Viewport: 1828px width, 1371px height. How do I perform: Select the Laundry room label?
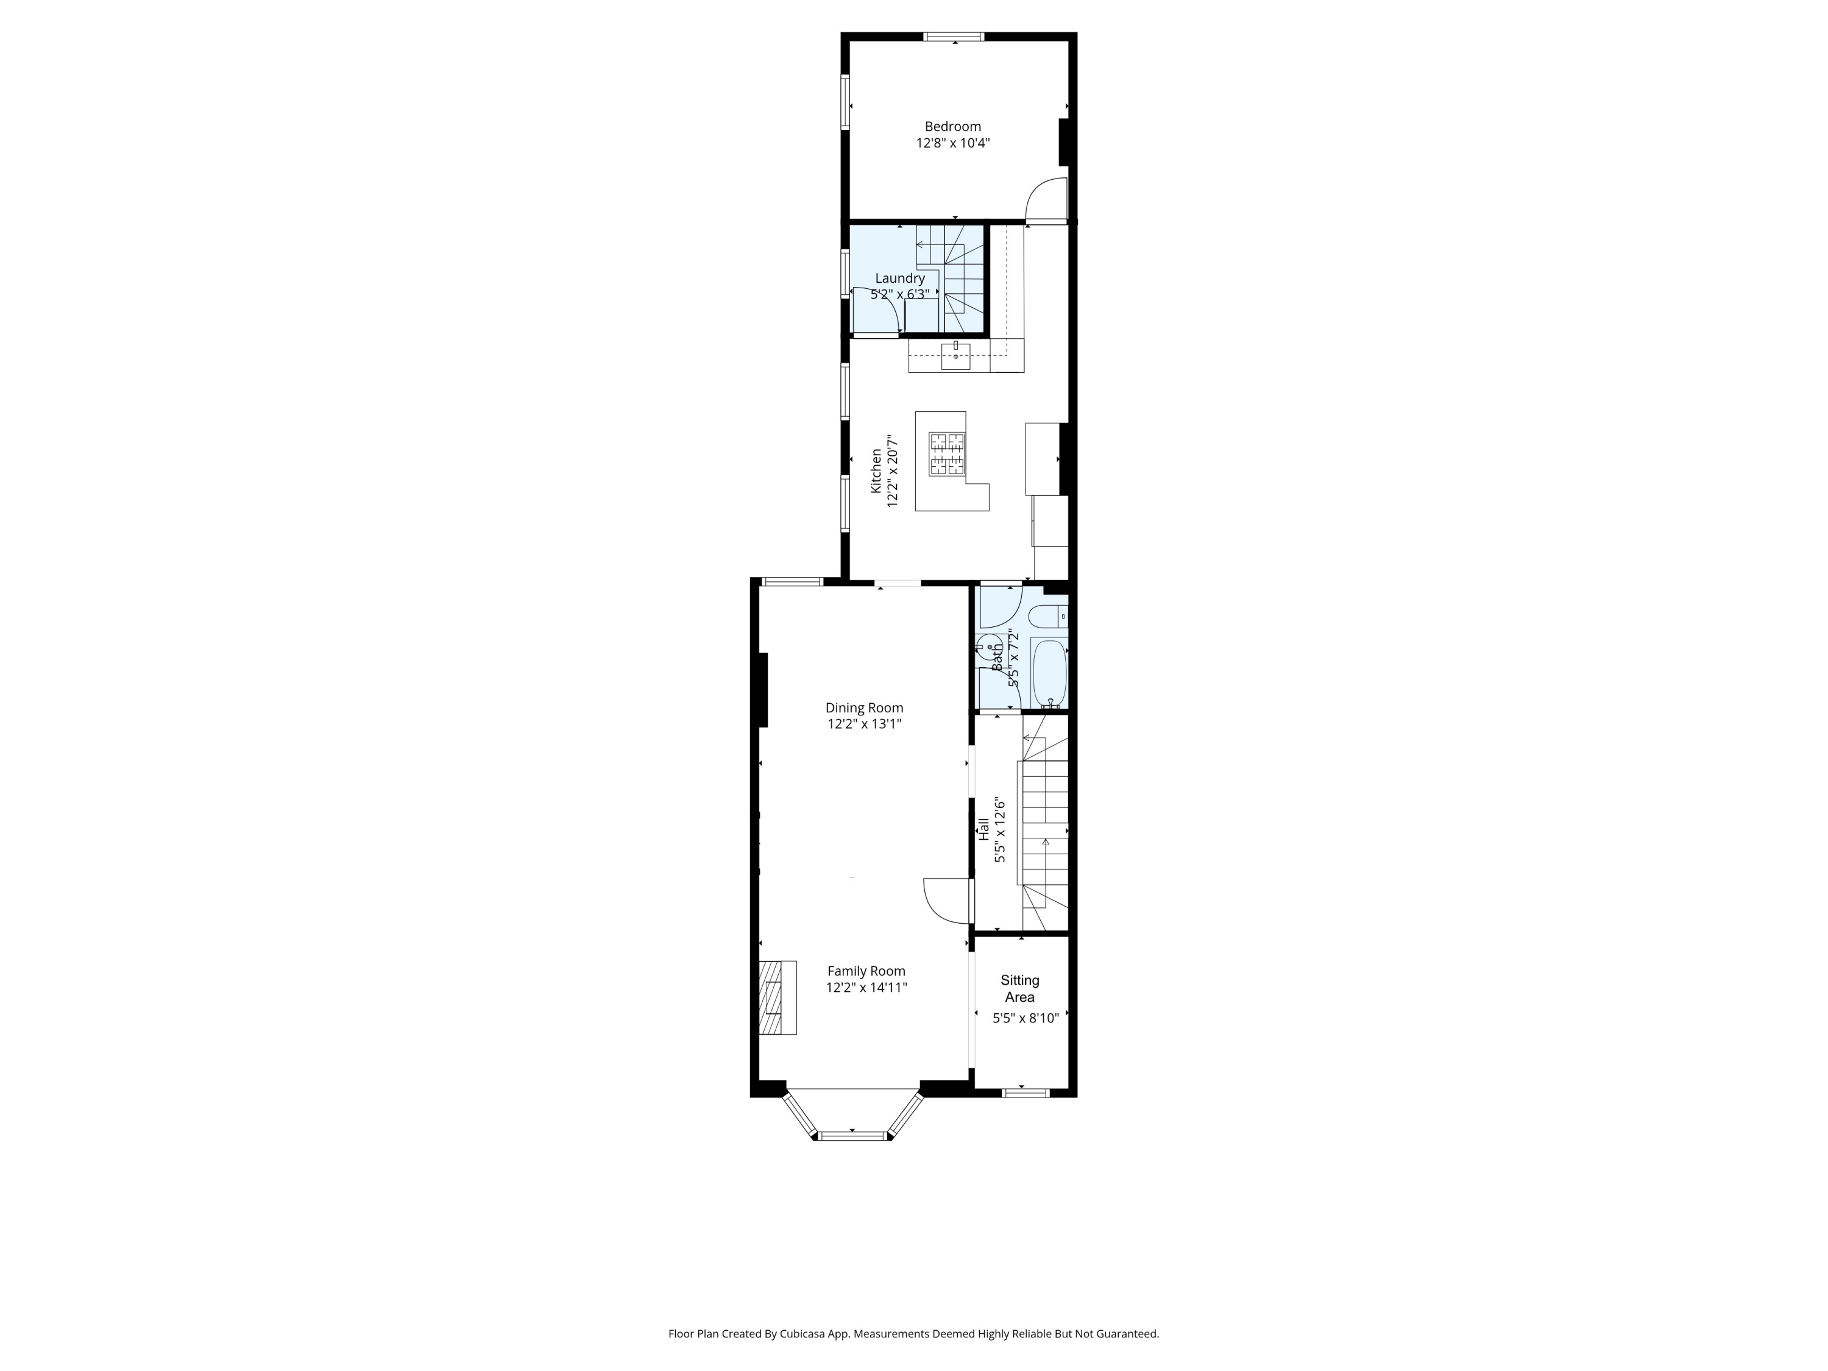[x=899, y=278]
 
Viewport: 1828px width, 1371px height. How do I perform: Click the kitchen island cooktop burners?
[x=947, y=454]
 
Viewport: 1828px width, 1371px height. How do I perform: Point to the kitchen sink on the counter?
[x=956, y=357]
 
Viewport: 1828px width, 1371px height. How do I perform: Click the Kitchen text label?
[x=876, y=471]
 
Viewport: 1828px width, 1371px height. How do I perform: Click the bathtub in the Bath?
[x=1049, y=671]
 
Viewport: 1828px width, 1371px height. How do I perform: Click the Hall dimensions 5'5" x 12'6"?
[x=1000, y=831]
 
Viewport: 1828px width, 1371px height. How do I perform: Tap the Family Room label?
[x=866, y=971]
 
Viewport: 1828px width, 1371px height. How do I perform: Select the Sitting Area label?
[x=1020, y=988]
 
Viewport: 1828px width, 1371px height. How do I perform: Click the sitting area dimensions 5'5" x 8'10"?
[x=1025, y=1018]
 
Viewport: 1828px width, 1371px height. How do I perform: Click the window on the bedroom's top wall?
[x=954, y=37]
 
